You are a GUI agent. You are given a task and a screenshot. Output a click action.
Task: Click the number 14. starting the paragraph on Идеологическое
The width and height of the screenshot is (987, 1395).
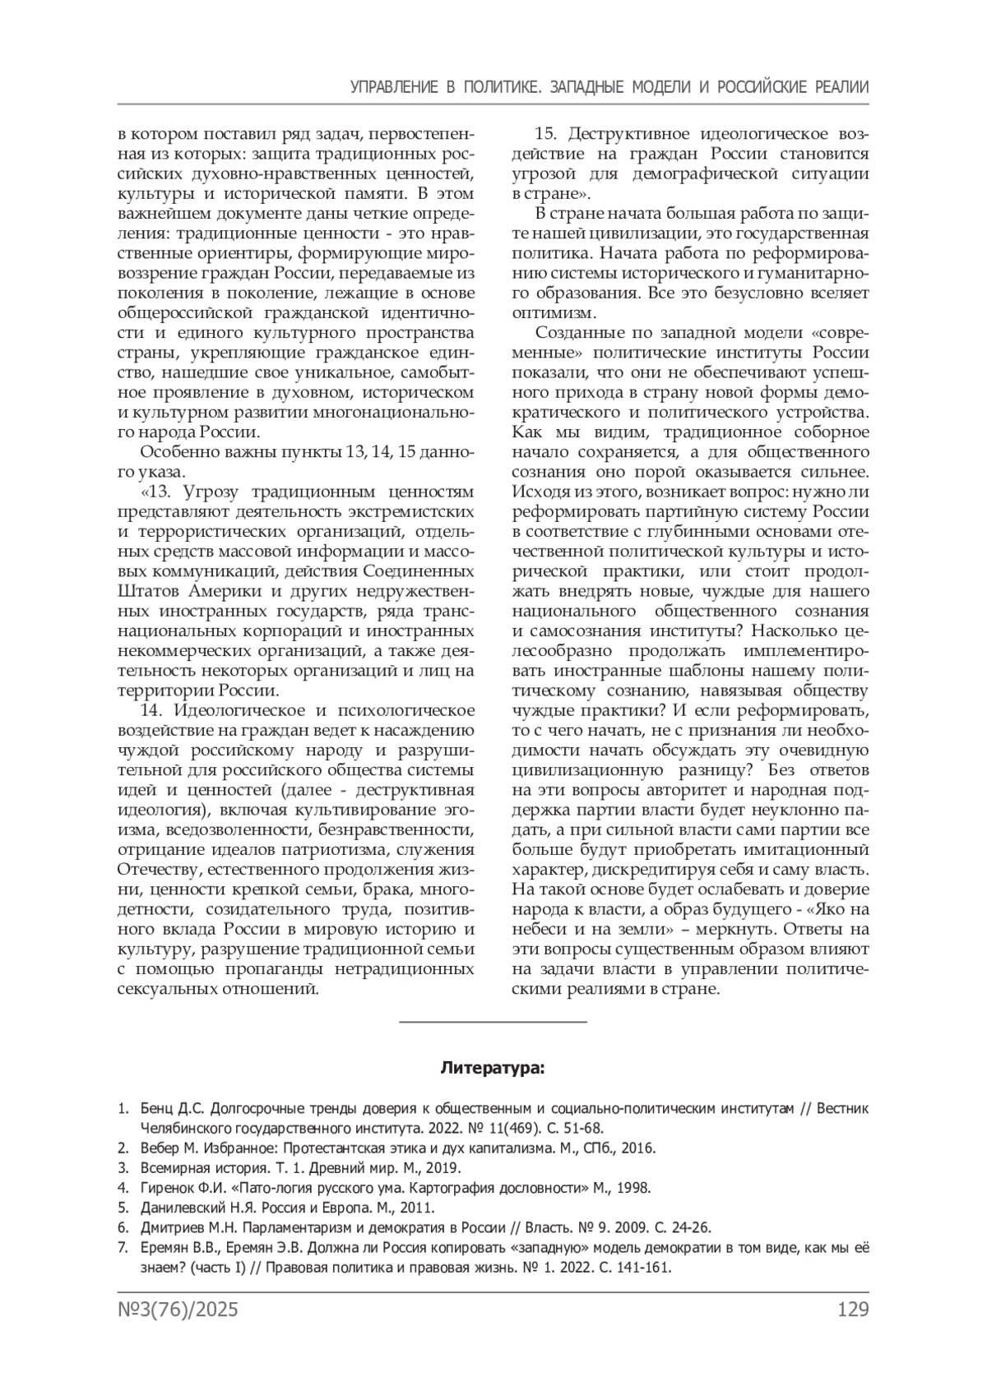(x=154, y=710)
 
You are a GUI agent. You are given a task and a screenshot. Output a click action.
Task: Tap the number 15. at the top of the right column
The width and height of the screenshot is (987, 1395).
(x=548, y=134)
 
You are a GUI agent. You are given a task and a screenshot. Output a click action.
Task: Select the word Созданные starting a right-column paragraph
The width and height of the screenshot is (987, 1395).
(x=575, y=333)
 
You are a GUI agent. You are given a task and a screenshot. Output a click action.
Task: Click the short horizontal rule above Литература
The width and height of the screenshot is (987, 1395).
(x=493, y=1022)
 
